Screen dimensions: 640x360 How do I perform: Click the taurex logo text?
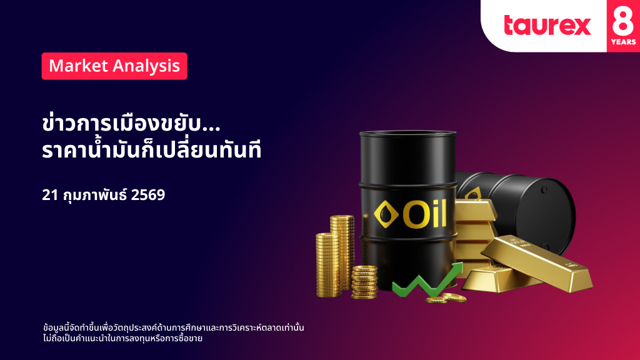pos(547,25)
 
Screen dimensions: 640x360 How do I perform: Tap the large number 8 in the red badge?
pos(623,20)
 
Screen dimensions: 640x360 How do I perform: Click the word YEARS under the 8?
pos(623,42)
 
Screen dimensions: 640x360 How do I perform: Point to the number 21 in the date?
pos(50,195)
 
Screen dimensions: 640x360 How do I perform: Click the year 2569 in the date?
pos(148,195)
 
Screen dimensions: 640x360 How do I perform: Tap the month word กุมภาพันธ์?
pos(95,195)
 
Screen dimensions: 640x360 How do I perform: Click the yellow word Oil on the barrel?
pos(425,214)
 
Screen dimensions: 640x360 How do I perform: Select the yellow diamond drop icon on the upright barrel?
pos(386,214)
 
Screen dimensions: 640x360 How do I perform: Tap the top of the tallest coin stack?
pos(342,218)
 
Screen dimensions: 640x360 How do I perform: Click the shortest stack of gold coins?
pos(364,282)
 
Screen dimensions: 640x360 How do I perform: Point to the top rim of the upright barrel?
pos(407,134)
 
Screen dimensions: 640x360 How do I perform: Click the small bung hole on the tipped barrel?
pos(544,190)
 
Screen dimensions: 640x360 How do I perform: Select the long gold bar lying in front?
pos(536,263)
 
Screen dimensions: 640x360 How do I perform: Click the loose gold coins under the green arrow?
pos(446,298)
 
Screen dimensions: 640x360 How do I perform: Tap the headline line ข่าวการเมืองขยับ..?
pos(131,123)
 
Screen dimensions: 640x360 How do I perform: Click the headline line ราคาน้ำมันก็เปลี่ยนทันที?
pos(151,149)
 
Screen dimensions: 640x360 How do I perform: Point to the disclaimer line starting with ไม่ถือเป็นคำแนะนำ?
pos(123,338)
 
